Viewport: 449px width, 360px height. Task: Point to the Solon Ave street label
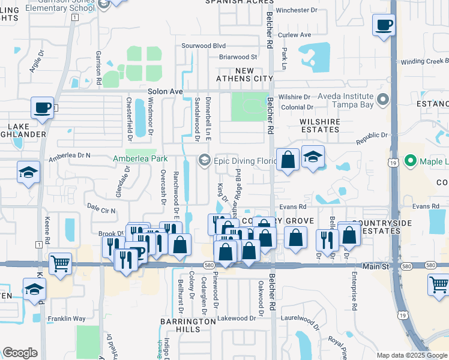164,91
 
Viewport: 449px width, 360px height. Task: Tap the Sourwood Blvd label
203,46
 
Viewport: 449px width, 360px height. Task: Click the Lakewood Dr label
237,318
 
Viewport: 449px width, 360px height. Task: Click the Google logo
20,352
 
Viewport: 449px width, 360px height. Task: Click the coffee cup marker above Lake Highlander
43,108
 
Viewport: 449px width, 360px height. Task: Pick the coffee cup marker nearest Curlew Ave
384,25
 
